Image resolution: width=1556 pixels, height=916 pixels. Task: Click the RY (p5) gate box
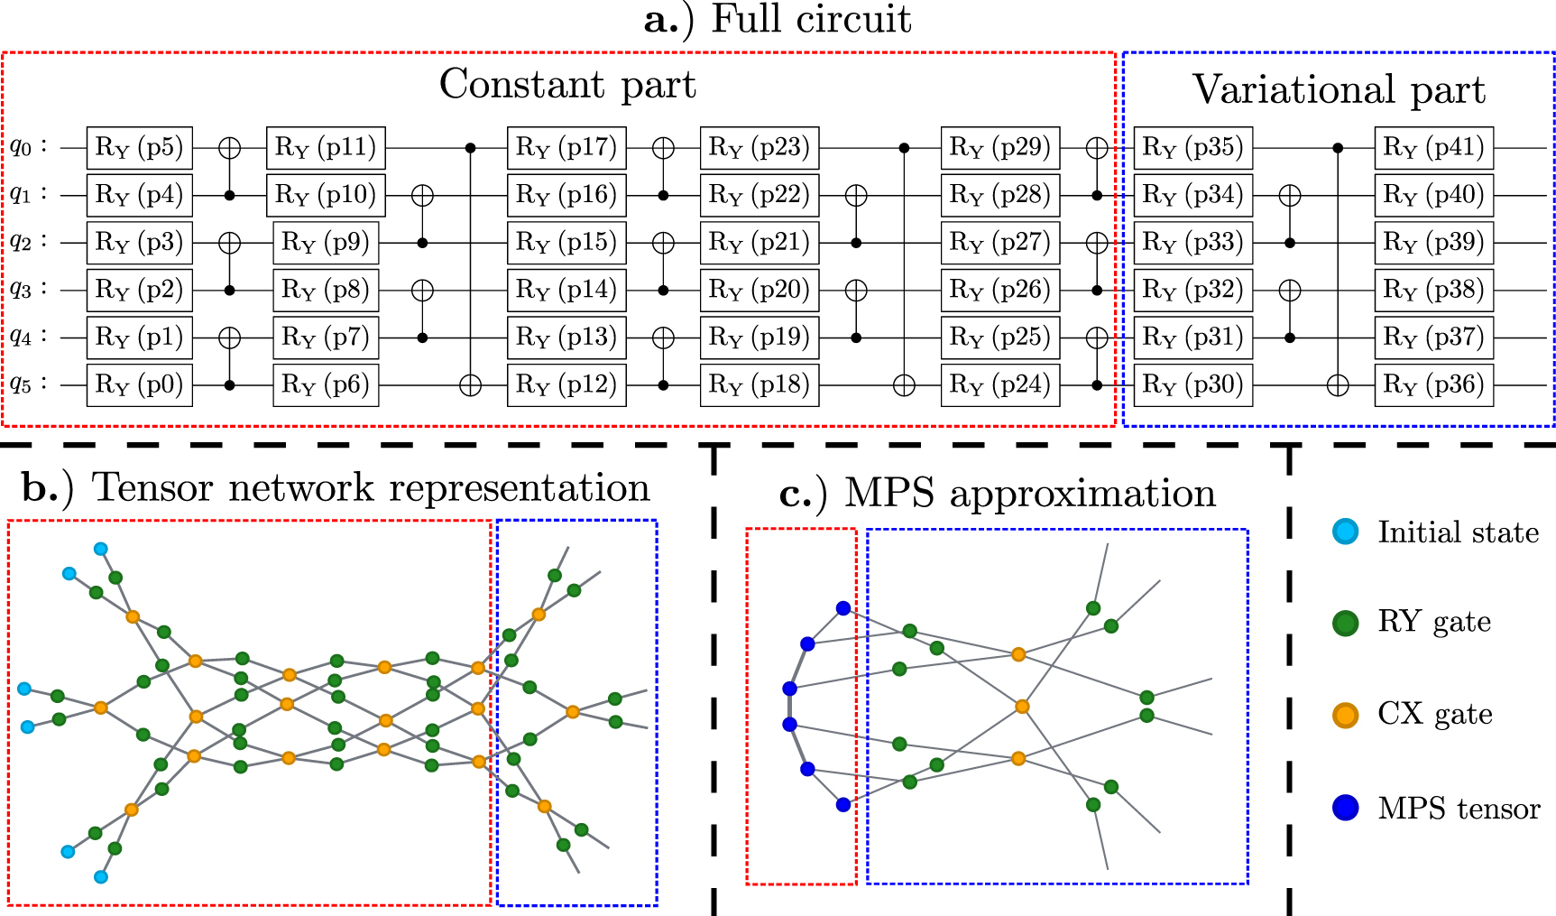click(139, 148)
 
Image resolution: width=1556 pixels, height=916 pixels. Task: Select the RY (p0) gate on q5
click(139, 385)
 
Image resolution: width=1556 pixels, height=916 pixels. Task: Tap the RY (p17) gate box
click(566, 148)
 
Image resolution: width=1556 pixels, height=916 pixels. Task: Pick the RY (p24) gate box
click(999, 385)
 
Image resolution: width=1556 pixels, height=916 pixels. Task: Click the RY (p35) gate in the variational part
click(1192, 148)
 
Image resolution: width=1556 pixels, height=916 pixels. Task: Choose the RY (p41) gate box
click(1433, 148)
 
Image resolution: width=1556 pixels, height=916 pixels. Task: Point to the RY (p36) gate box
click(1433, 385)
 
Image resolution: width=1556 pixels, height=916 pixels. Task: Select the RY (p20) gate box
click(759, 291)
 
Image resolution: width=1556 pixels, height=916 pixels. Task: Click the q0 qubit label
click(27, 147)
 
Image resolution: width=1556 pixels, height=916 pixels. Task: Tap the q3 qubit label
click(27, 290)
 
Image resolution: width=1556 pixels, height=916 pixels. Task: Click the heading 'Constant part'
click(567, 85)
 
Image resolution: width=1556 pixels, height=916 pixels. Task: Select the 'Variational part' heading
click(1339, 90)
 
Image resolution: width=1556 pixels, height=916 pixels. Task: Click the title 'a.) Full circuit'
click(778, 20)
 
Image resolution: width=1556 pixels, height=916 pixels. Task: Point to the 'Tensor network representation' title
click(336, 488)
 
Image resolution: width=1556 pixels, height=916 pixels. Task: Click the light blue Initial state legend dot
click(1345, 532)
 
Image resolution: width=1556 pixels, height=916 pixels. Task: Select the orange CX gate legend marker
click(1345, 716)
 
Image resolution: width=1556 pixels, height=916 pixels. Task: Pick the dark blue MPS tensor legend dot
click(1345, 808)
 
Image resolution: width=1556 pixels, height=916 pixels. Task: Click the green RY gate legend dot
click(1345, 623)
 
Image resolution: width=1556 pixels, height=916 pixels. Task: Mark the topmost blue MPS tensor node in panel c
click(842, 609)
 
